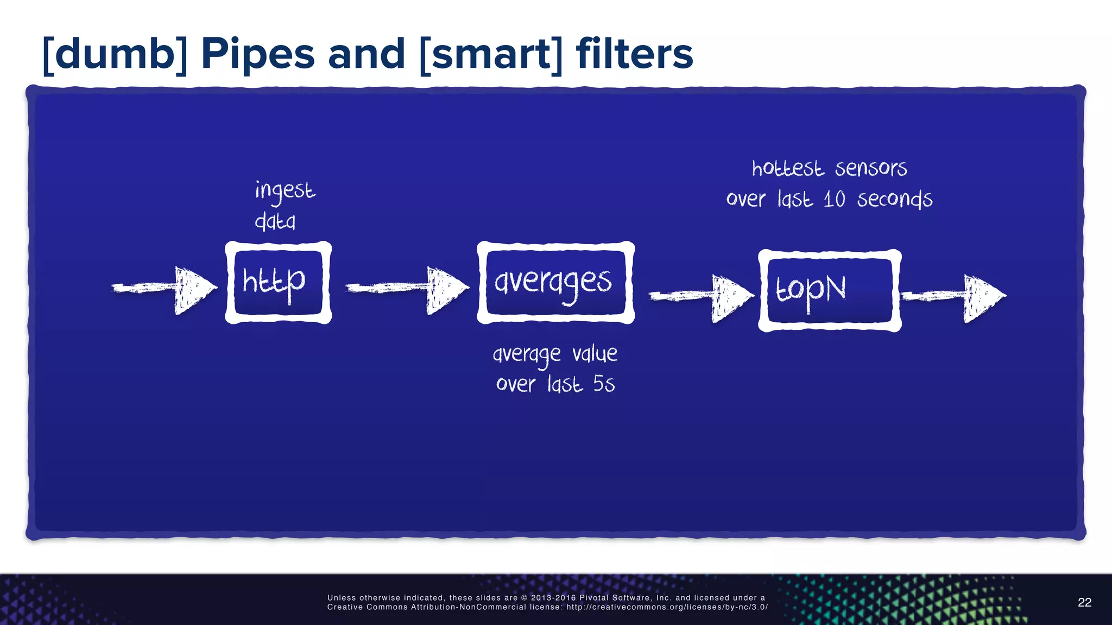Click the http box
click(x=278, y=283)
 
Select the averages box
click(x=555, y=283)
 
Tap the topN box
click(x=830, y=290)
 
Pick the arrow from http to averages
click(x=407, y=288)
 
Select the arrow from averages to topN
click(x=702, y=296)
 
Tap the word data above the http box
click(x=275, y=221)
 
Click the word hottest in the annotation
click(x=787, y=169)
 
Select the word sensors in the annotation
click(x=871, y=169)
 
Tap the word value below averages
click(x=595, y=354)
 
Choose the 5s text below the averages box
click(x=604, y=384)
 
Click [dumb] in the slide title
click(x=115, y=54)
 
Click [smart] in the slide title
click(x=491, y=54)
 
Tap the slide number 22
click(x=1084, y=602)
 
